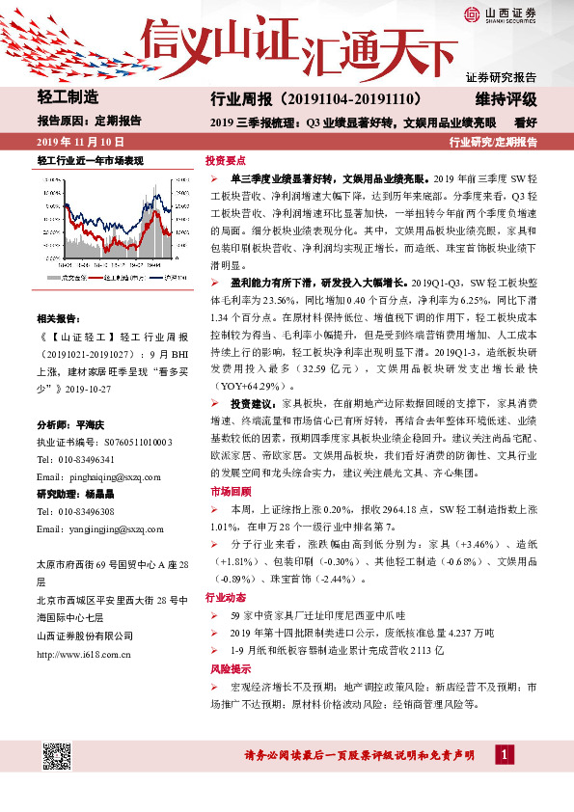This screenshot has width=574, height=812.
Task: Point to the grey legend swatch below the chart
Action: (x=53, y=277)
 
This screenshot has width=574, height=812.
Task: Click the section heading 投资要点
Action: (x=226, y=161)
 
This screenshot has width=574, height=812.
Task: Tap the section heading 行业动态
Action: (x=226, y=597)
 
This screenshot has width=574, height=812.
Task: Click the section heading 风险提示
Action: (x=226, y=667)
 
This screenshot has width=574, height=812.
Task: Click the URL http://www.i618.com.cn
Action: (x=84, y=654)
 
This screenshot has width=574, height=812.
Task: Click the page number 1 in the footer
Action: (x=503, y=752)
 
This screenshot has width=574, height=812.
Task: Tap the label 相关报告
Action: (x=58, y=318)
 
